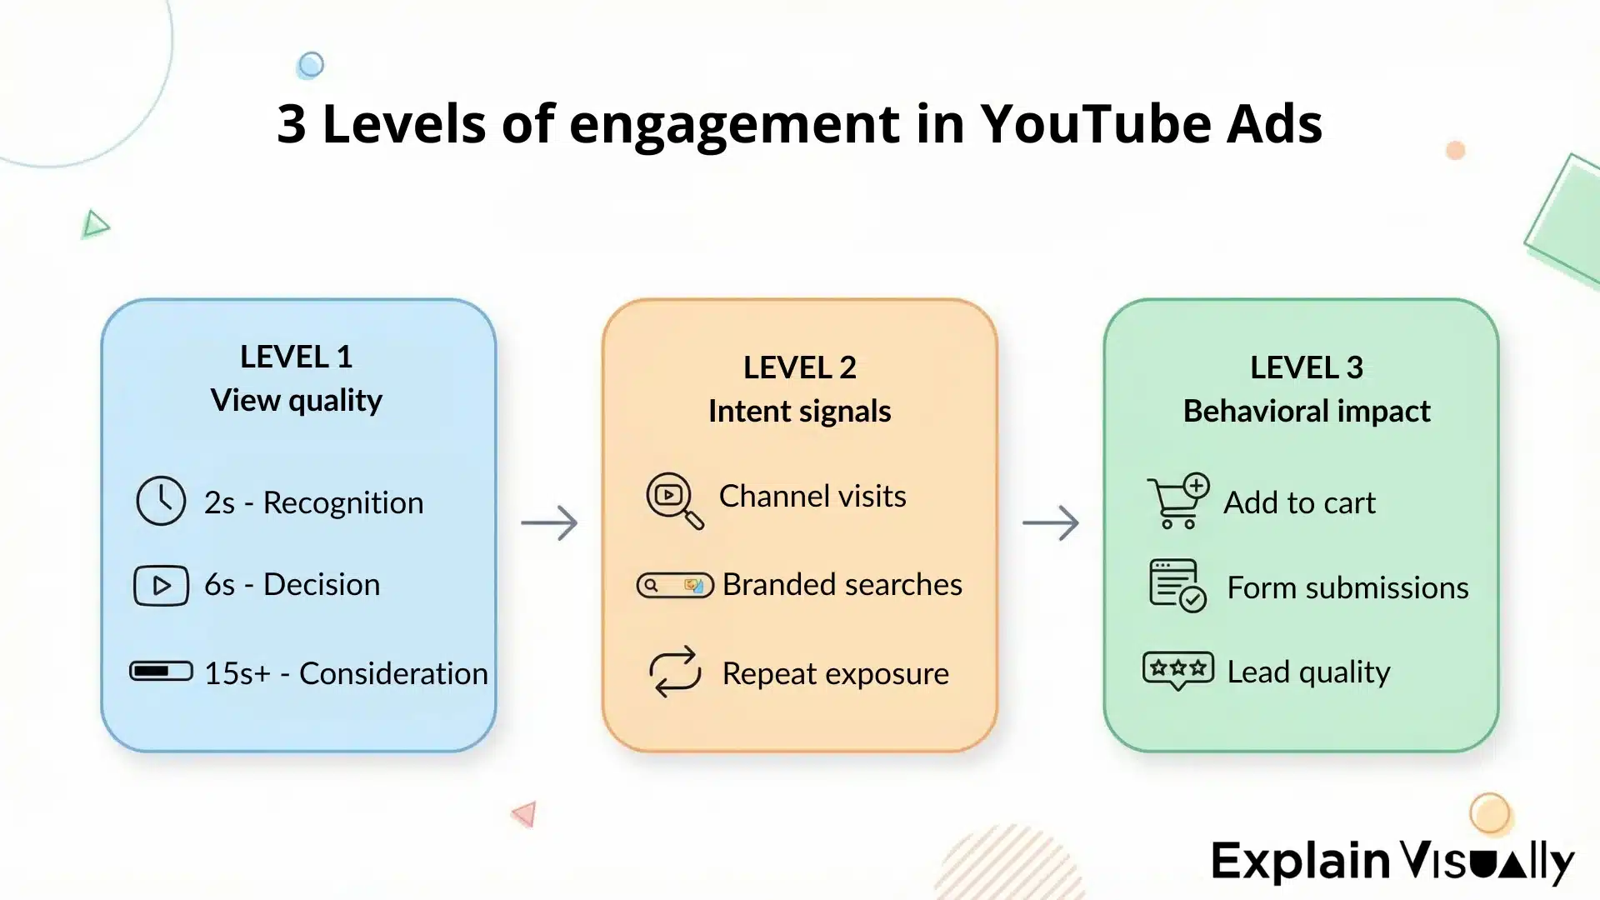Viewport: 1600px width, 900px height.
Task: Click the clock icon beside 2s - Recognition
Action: point(161,501)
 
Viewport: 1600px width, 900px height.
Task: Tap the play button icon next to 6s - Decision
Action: point(161,585)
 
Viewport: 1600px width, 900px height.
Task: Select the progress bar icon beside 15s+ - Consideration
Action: point(161,671)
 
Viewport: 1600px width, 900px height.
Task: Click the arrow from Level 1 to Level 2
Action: point(549,522)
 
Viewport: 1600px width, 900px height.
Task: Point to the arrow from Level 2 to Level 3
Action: point(1050,522)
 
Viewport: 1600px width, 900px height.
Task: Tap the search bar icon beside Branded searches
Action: point(675,585)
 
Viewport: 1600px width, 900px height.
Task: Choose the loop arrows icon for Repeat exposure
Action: point(675,672)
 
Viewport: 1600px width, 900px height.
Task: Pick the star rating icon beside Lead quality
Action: point(1177,669)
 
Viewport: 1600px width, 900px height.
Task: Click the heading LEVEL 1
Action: point(297,357)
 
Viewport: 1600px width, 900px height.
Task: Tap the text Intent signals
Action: point(799,412)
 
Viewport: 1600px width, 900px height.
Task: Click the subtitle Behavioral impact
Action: point(1306,412)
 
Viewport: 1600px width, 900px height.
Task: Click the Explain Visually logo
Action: point(1392,861)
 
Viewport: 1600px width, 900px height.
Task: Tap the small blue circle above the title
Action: point(310,65)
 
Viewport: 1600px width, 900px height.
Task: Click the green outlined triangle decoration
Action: point(95,224)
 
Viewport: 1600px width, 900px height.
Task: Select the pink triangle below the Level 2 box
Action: point(525,813)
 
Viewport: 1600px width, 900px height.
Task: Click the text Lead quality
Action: point(1308,672)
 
